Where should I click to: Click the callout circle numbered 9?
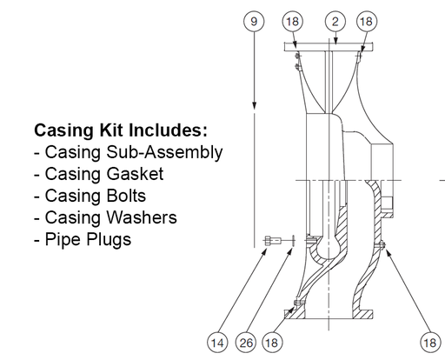pyautogui.click(x=253, y=20)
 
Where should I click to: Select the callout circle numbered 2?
pyautogui.click(x=335, y=20)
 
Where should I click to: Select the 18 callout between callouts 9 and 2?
pyautogui.click(x=294, y=20)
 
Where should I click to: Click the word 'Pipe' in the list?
pyautogui.click(x=63, y=239)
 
